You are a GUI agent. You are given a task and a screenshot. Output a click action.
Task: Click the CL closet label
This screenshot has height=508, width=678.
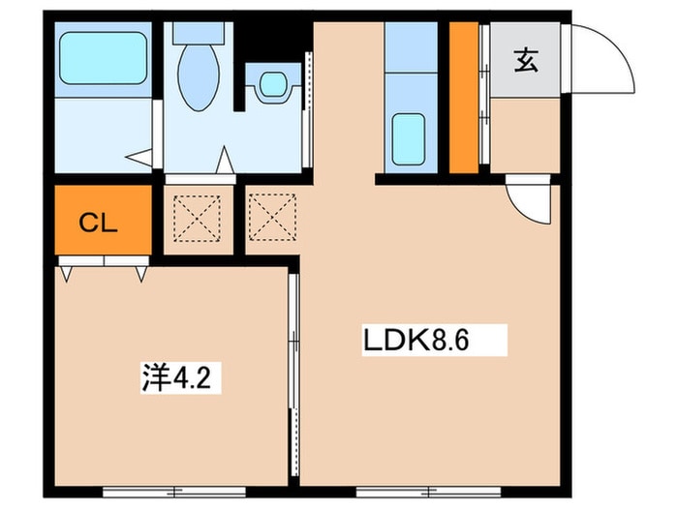(98, 225)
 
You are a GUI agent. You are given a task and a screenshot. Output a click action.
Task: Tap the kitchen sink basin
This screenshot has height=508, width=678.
(410, 133)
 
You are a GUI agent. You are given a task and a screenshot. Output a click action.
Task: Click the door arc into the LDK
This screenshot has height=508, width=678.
(527, 201)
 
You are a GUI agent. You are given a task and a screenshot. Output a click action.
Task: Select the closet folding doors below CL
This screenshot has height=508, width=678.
(105, 262)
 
